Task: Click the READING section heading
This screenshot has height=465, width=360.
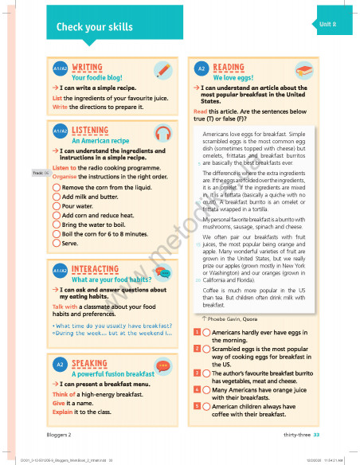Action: (x=229, y=68)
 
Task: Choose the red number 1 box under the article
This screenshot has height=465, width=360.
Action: (x=197, y=331)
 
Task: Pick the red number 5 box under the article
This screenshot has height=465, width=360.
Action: (x=197, y=405)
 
